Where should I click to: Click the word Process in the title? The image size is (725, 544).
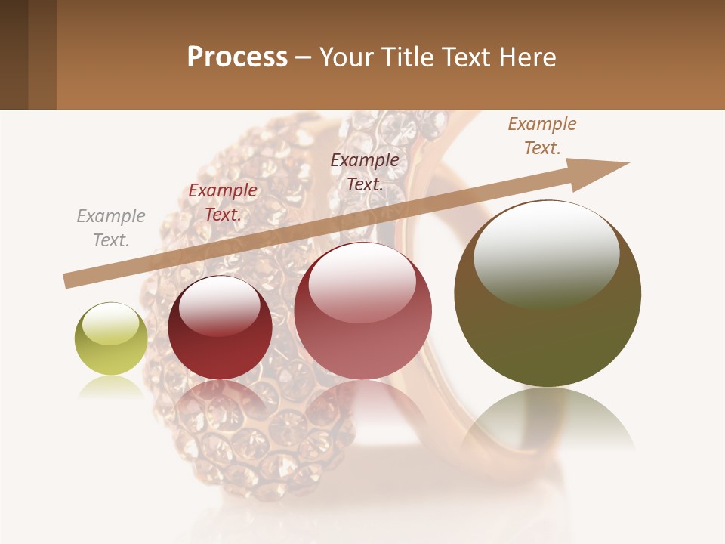(237, 57)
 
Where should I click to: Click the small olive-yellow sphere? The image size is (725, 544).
(111, 339)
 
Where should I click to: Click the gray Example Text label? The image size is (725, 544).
(111, 227)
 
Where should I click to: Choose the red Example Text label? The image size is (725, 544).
(223, 202)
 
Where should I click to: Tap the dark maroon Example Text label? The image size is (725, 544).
(365, 172)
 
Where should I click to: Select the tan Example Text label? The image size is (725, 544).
(542, 136)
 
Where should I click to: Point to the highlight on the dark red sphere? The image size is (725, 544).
(219, 304)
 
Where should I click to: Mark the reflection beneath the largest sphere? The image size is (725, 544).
(548, 419)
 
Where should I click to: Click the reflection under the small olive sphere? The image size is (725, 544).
(111, 387)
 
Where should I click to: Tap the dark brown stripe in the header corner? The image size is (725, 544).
(14, 54)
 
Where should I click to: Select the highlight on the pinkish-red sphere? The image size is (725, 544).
(362, 282)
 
